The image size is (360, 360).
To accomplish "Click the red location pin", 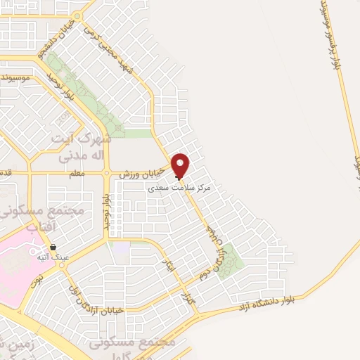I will click(181, 165).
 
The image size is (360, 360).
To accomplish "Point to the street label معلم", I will click(77, 173).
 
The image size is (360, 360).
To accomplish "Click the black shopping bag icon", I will click(53, 247).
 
